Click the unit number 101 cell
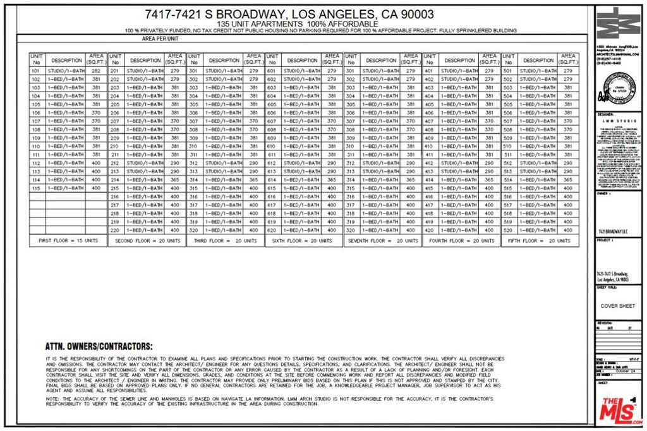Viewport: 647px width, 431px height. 37,71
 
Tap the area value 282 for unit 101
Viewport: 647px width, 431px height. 96,71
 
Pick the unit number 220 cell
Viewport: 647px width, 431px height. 115,231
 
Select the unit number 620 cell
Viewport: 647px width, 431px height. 272,231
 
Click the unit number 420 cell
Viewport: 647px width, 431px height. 430,231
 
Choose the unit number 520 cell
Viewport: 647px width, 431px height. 508,231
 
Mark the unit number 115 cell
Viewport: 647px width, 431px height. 37,188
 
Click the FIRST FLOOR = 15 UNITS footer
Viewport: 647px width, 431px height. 68,241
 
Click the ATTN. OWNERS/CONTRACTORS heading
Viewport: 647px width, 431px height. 99,347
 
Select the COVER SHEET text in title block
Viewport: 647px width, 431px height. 617,306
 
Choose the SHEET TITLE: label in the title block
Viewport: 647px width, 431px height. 607,288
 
